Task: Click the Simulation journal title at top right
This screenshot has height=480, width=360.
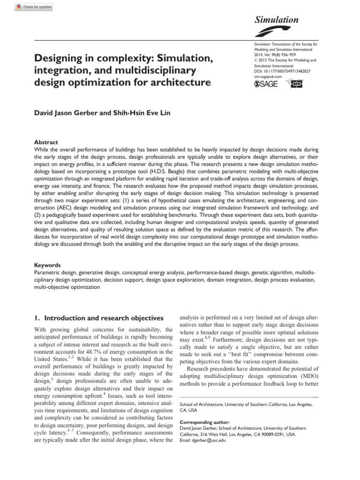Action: (276, 20)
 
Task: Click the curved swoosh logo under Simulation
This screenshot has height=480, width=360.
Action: (270, 32)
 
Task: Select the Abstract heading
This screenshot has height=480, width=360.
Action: (46, 142)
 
